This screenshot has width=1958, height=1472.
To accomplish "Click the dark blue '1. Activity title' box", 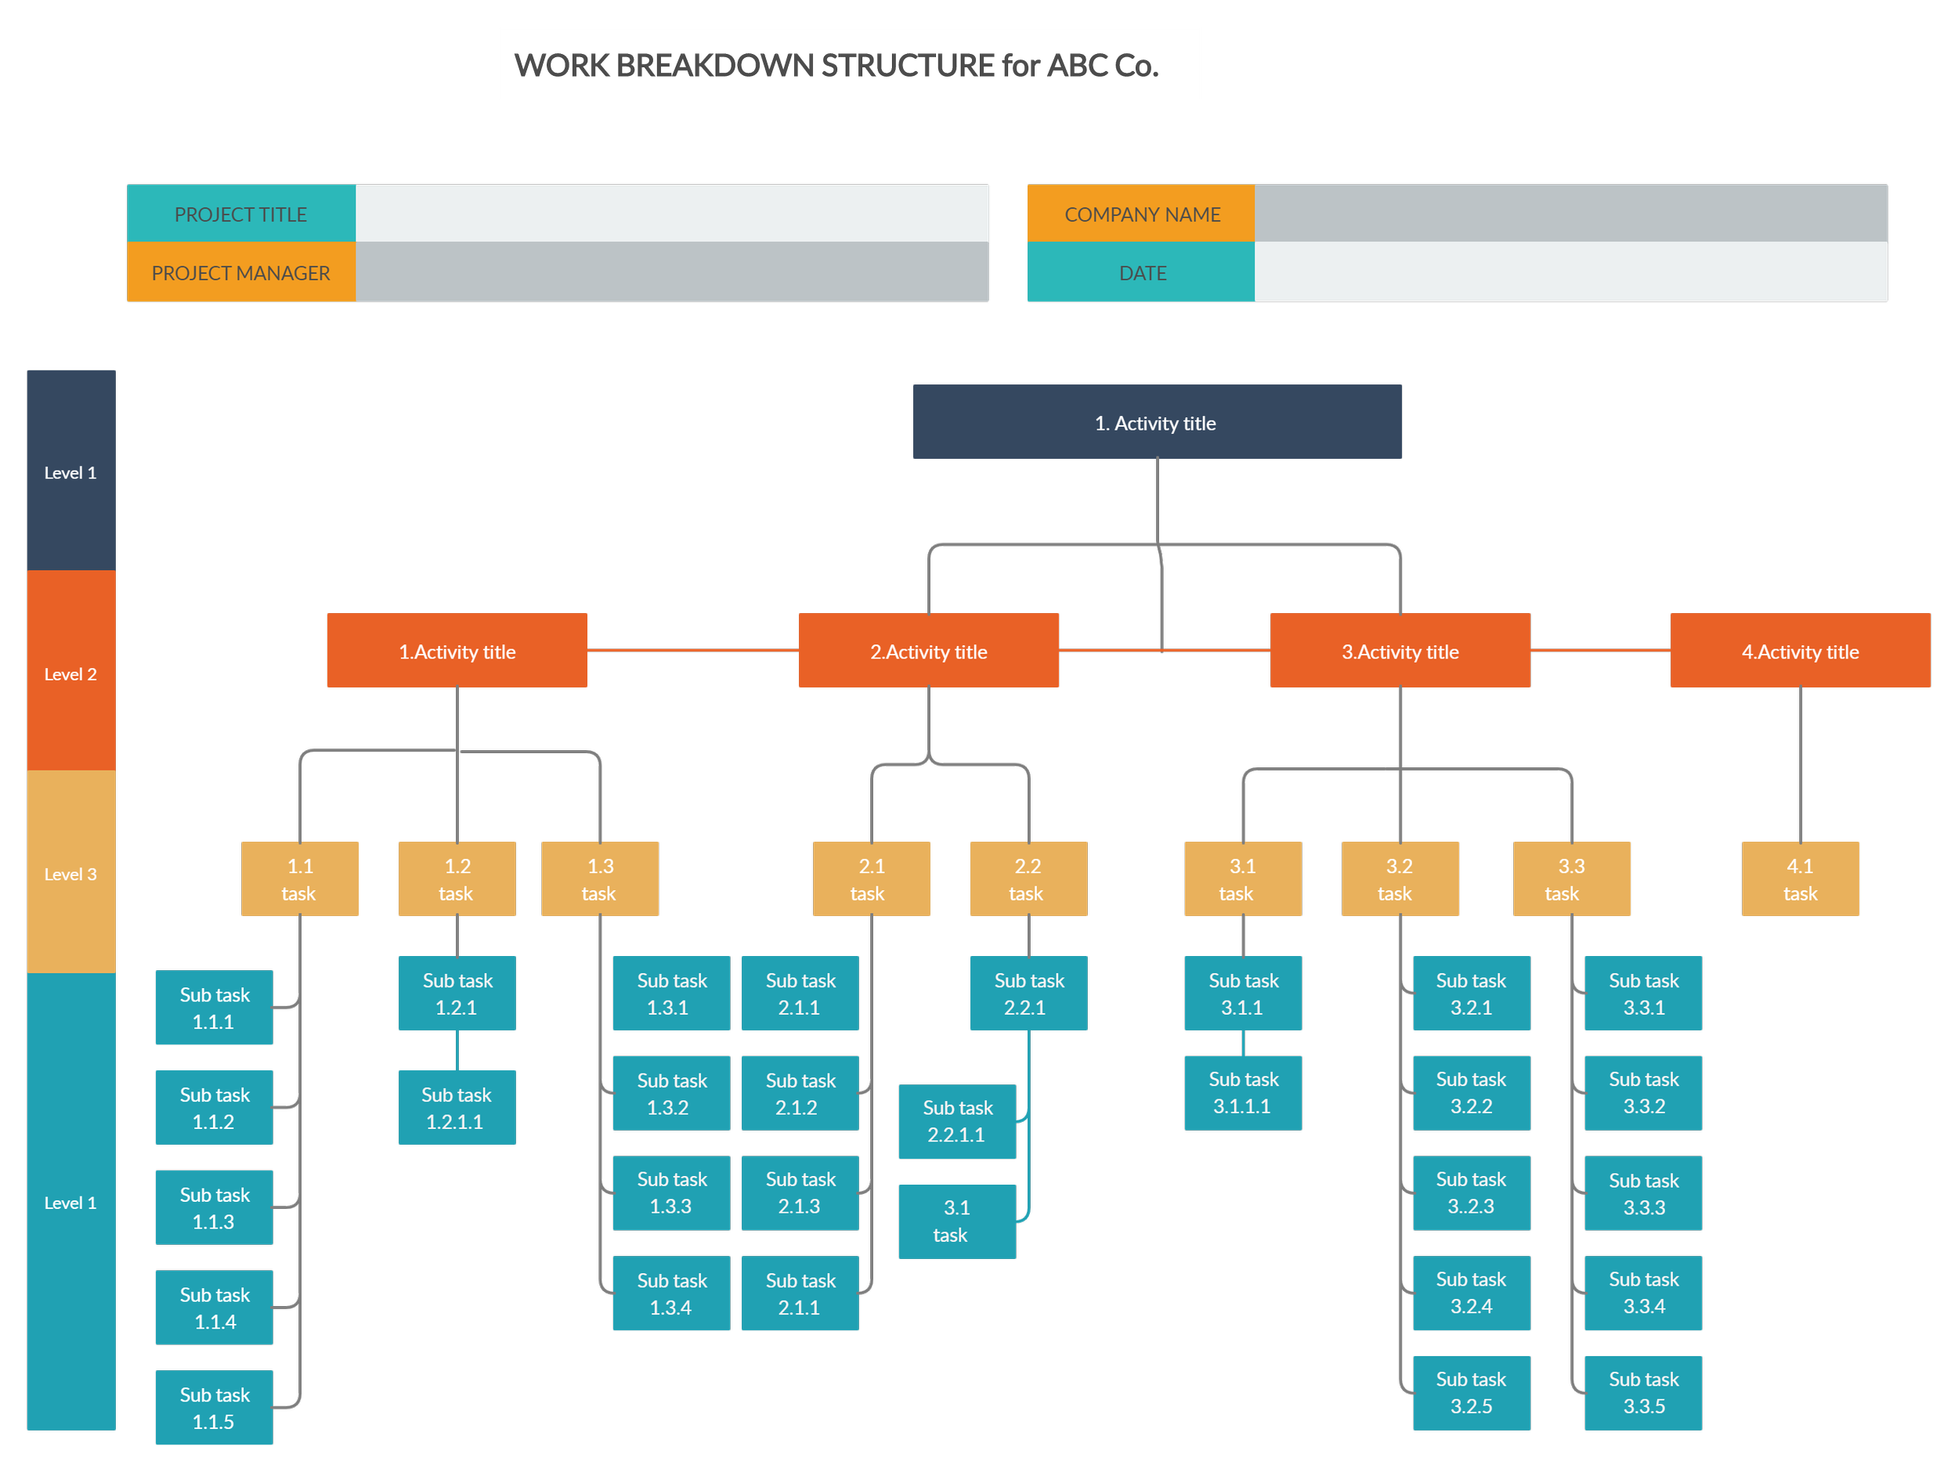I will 1156,424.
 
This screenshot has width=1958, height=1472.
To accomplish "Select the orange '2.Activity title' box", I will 927,652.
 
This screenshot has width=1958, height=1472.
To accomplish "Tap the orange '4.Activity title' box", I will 1800,652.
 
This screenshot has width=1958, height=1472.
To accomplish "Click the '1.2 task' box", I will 457,879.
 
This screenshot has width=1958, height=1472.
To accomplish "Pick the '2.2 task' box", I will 1028,879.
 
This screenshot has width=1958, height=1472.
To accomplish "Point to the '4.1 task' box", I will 1800,879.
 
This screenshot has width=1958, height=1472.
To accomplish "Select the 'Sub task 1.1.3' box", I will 215,1207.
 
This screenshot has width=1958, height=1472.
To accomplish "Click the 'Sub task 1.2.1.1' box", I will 457,1107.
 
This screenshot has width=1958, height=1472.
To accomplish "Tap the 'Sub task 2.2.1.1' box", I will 957,1120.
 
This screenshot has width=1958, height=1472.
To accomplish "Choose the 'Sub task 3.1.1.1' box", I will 1243,1092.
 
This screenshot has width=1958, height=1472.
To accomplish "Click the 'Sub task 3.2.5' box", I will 1471,1392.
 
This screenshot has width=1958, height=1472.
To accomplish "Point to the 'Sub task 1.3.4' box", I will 671,1293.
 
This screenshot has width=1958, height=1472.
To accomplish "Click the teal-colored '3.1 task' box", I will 957,1221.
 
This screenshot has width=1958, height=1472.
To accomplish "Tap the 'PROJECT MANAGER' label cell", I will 240,272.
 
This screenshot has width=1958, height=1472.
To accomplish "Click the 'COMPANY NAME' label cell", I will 1141,215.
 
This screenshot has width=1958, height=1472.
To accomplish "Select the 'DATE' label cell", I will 1141,272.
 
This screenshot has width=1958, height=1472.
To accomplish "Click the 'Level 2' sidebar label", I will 70,673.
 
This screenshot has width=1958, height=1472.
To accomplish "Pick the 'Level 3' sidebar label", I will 70,874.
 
